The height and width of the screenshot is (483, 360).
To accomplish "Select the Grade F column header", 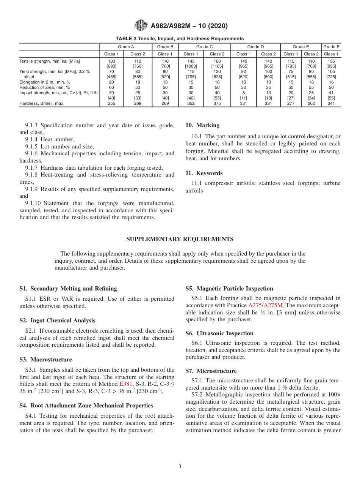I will point(331,47).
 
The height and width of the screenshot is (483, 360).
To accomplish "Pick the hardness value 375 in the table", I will point(217,103).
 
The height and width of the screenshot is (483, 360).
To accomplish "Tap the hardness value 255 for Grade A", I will point(111,103).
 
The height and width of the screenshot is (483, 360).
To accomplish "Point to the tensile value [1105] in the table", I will point(217,66).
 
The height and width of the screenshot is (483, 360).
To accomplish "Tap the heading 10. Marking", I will point(202,125).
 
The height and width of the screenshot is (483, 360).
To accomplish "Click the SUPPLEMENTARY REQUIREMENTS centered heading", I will point(180,239).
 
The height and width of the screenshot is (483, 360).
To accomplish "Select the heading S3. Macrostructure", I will point(45,360).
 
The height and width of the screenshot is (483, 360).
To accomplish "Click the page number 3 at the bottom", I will point(180,467).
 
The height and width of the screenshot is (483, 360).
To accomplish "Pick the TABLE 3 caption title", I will point(180,38).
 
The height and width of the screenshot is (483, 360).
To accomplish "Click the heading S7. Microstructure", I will point(211,371).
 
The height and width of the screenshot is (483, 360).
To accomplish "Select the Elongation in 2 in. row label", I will point(45,82).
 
